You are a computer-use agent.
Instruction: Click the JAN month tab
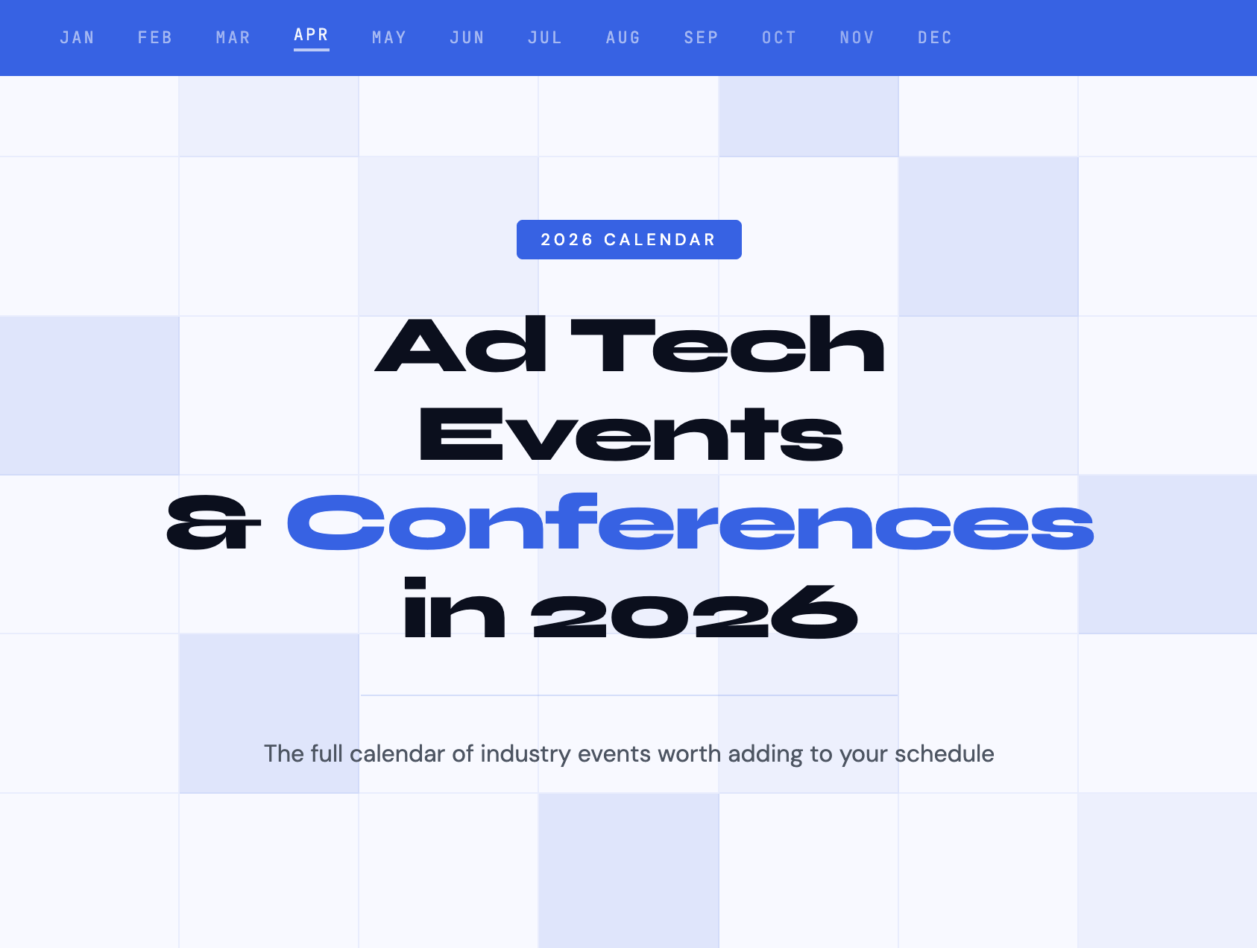(x=77, y=37)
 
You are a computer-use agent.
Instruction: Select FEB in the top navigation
(x=155, y=37)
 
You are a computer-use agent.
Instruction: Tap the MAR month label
(x=233, y=37)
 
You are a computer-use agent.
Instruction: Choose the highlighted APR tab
(x=311, y=35)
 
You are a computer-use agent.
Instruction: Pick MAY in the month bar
(x=389, y=37)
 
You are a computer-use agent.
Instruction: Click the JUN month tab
(x=467, y=37)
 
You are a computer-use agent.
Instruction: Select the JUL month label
(x=545, y=37)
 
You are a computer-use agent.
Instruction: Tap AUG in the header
(x=623, y=37)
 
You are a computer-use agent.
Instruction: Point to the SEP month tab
(x=701, y=37)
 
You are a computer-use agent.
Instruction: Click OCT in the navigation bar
(x=779, y=37)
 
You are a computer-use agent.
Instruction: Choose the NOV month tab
(x=857, y=37)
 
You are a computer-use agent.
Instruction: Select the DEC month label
(x=935, y=37)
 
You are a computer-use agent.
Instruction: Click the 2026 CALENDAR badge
(x=629, y=239)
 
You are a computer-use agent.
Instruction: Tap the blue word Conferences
(x=690, y=522)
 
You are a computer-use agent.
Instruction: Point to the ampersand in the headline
(x=213, y=523)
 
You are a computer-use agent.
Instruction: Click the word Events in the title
(x=631, y=434)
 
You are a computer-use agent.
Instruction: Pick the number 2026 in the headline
(x=694, y=611)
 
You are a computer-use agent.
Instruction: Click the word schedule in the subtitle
(x=944, y=754)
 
